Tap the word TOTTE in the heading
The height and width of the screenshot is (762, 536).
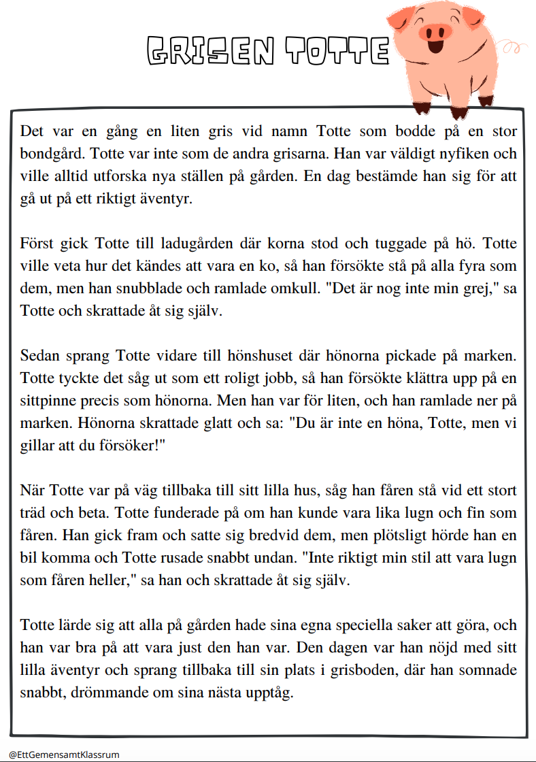[x=337, y=50]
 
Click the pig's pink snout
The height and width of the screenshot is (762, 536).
[x=437, y=31]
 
